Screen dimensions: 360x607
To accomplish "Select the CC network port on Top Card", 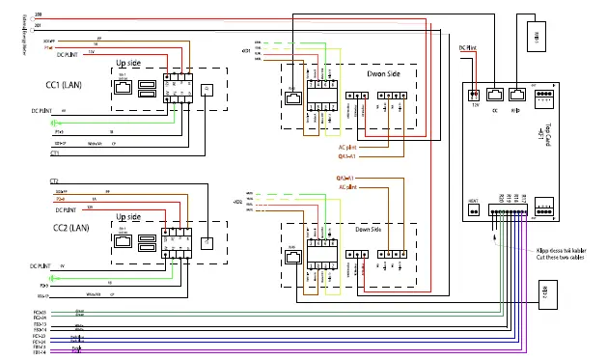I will coord(495,95).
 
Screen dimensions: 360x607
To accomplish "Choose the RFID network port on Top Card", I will coord(517,95).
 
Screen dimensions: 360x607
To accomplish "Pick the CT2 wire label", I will coord(54,181).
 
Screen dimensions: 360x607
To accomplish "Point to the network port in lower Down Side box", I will coord(292,257).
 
